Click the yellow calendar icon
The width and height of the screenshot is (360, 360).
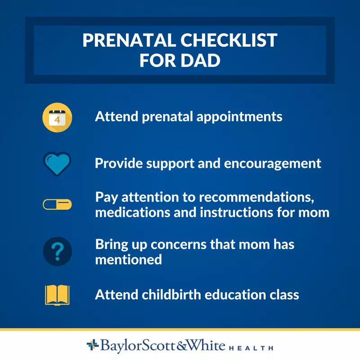57,117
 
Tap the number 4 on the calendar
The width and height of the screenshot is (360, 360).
57,120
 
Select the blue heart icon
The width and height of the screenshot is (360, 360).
57,164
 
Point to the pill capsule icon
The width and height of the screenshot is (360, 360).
57,204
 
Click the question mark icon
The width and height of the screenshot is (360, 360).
57,252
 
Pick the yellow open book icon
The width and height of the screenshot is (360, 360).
57,295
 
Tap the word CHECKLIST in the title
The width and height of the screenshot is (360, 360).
229,40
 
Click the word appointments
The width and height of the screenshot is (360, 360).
239,117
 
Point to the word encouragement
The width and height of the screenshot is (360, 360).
273,164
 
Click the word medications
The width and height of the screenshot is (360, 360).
133,212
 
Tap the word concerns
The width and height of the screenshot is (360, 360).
179,245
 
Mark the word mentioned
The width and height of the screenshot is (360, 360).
129,260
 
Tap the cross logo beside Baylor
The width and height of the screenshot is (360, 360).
93,345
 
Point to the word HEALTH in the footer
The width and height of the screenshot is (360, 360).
251,348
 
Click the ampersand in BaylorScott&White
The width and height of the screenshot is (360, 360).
182,346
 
